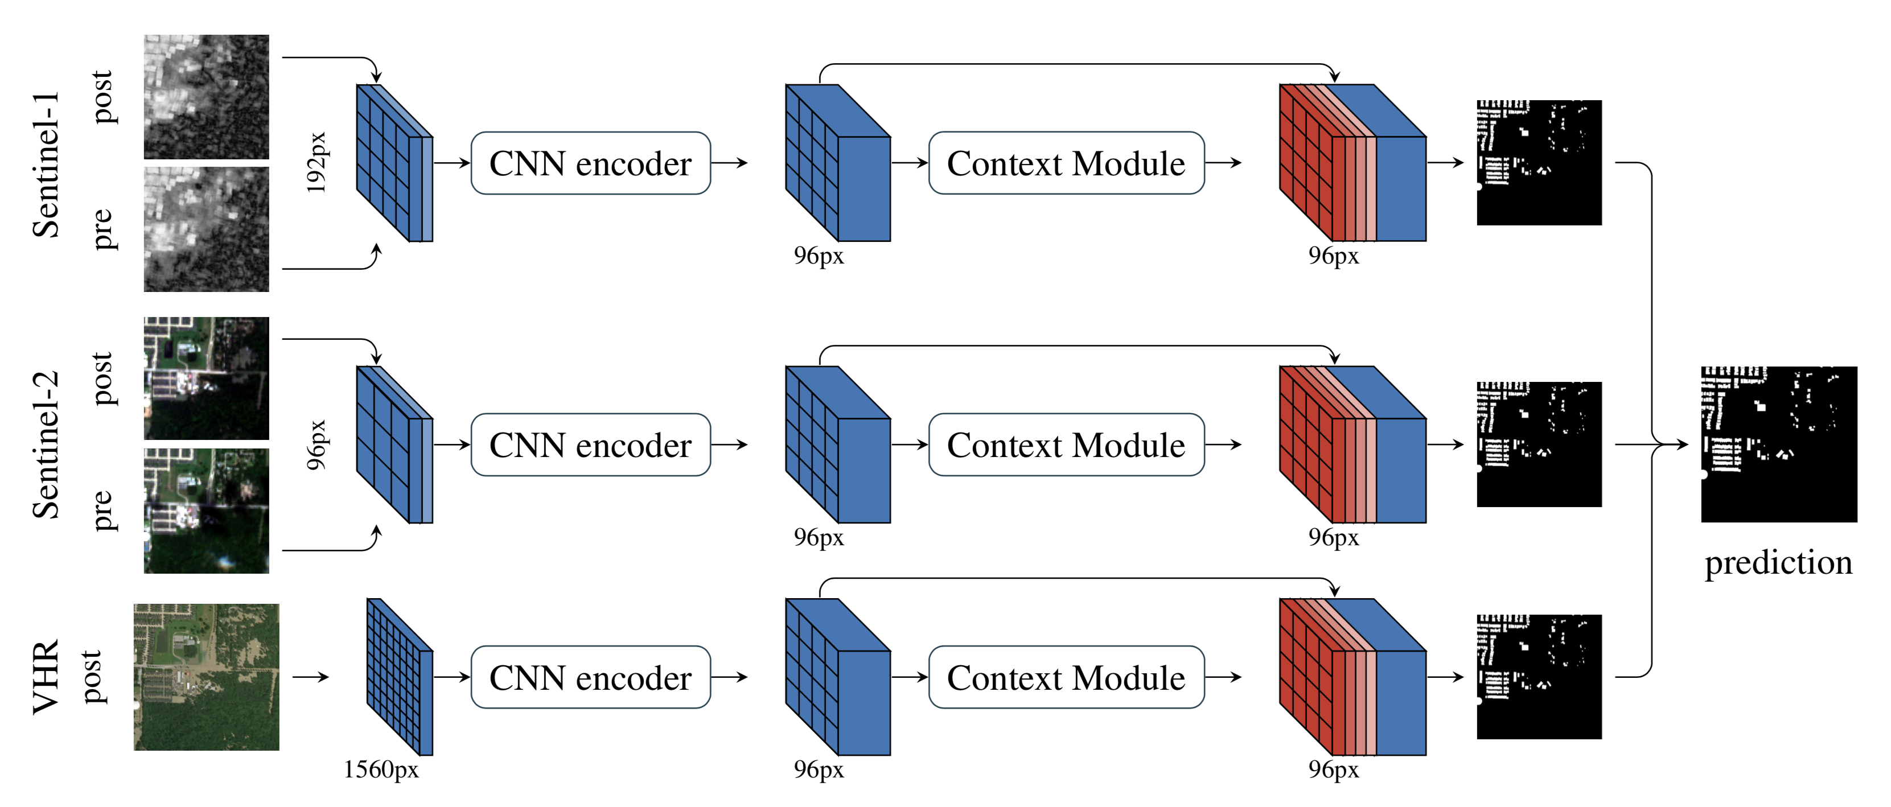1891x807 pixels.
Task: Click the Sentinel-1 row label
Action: tap(46, 164)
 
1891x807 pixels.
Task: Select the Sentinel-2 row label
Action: tap(46, 444)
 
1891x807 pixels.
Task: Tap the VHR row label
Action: tap(46, 677)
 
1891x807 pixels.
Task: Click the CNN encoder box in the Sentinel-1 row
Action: tap(590, 163)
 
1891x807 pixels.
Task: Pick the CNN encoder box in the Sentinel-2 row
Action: tap(590, 444)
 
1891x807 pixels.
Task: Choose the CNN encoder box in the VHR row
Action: tap(590, 677)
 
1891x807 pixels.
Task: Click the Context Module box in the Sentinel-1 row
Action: tap(1066, 163)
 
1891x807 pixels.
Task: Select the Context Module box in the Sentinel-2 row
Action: tap(1066, 444)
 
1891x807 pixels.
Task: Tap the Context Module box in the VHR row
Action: tap(1066, 677)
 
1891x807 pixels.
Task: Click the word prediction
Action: tap(1778, 563)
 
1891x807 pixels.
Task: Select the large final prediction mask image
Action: tap(1779, 444)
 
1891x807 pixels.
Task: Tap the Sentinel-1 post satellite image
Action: tap(206, 96)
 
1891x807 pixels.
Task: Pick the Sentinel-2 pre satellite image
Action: tap(206, 510)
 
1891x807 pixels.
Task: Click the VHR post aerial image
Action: tap(206, 677)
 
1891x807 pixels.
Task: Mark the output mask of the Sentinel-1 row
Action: tap(1539, 162)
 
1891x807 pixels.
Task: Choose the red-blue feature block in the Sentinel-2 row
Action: tap(1352, 444)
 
